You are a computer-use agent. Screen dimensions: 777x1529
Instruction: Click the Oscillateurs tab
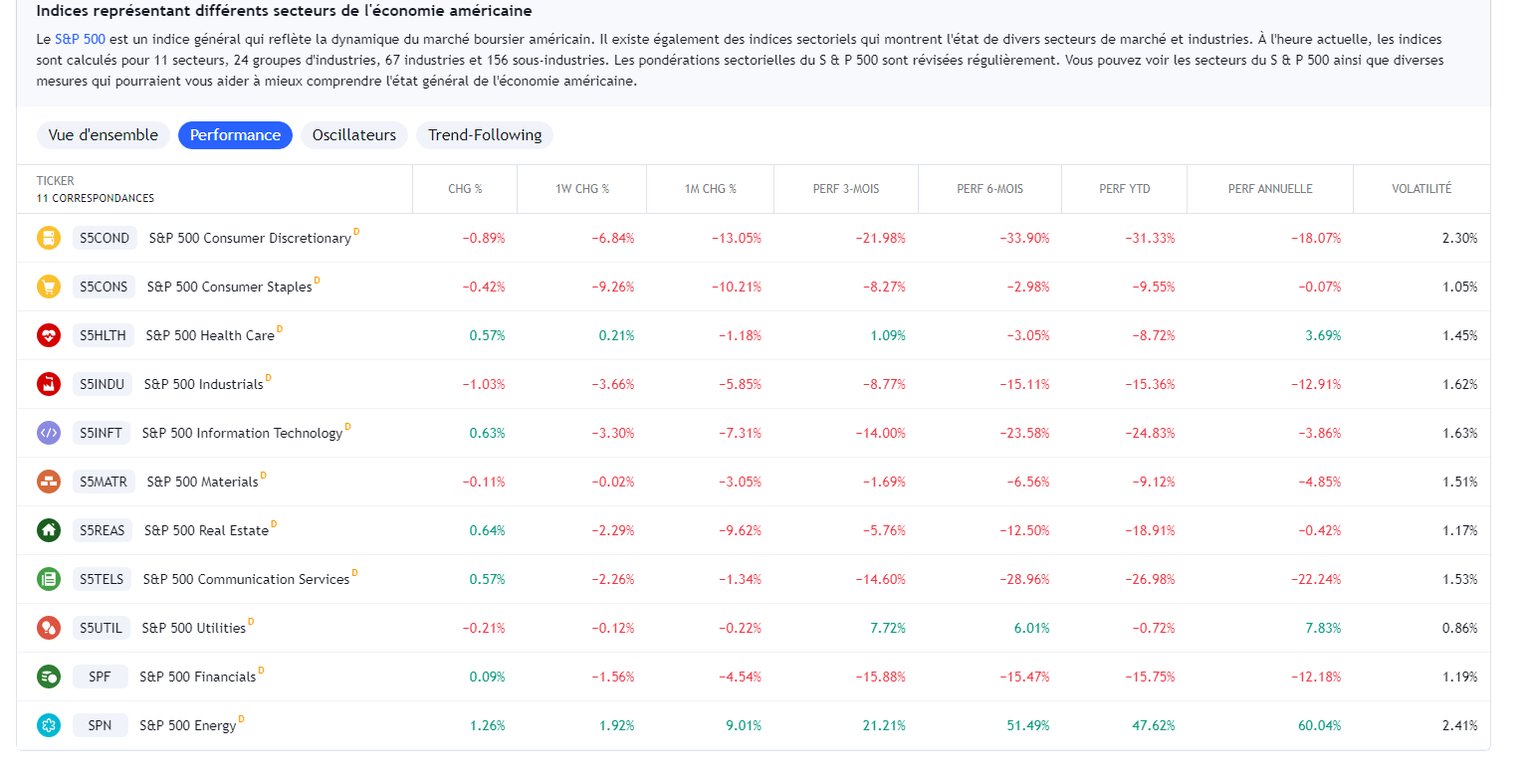(x=353, y=135)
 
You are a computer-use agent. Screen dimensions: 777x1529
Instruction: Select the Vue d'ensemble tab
(x=103, y=135)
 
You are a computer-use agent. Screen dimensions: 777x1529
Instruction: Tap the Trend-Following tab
(x=485, y=135)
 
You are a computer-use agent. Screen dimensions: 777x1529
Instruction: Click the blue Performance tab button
(x=235, y=135)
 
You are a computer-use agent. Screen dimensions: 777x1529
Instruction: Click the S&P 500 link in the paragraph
(x=80, y=39)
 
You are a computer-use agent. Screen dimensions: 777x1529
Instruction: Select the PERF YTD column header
(x=1125, y=189)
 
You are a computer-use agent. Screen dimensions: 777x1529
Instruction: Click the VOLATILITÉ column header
(x=1421, y=189)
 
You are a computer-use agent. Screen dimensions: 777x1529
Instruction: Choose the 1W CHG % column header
(x=582, y=189)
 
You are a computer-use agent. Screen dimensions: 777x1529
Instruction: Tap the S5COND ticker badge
(x=105, y=238)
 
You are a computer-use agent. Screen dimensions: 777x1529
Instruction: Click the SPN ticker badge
(x=100, y=725)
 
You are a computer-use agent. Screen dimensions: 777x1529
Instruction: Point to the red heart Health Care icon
(x=49, y=335)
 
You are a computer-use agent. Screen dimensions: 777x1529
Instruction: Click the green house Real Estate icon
(x=49, y=530)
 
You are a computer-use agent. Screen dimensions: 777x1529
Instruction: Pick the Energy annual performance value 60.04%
(x=1319, y=725)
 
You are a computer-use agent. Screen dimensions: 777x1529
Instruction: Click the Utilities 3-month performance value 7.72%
(x=885, y=628)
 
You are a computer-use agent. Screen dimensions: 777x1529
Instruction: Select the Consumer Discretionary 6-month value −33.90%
(x=1024, y=238)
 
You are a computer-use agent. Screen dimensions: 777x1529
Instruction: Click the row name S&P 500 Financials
(x=197, y=677)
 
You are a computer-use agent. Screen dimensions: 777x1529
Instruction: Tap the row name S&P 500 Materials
(x=202, y=482)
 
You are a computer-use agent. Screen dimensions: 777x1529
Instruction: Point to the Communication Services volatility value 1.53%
(x=1459, y=579)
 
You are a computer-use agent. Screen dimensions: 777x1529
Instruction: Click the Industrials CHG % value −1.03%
(x=484, y=384)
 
